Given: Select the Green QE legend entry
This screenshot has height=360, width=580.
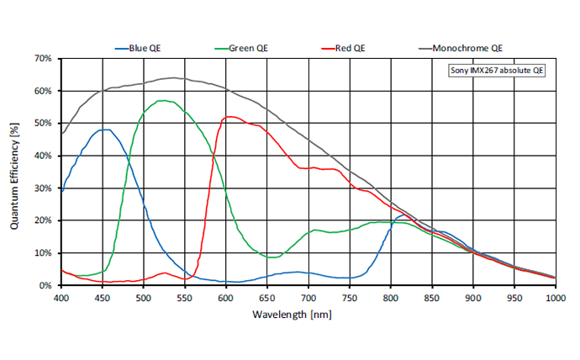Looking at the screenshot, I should click(245, 48).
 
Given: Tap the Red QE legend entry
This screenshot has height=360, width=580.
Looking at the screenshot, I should click(346, 48).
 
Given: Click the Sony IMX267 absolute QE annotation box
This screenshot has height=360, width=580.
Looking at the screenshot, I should click(498, 71).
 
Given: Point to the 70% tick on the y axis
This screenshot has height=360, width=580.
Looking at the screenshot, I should click(43, 59).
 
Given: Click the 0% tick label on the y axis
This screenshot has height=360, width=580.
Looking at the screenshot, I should click(45, 285).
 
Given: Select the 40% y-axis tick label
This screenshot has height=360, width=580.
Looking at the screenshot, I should click(43, 156).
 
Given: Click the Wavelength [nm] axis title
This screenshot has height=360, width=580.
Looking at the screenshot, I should click(308, 314).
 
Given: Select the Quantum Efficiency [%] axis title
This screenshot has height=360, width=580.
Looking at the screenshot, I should click(14, 172).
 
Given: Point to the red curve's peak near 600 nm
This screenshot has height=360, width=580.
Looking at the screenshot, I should click(229, 117).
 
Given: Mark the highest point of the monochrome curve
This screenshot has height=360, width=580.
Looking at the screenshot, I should click(174, 78).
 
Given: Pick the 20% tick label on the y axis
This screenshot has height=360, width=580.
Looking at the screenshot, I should click(43, 220).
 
